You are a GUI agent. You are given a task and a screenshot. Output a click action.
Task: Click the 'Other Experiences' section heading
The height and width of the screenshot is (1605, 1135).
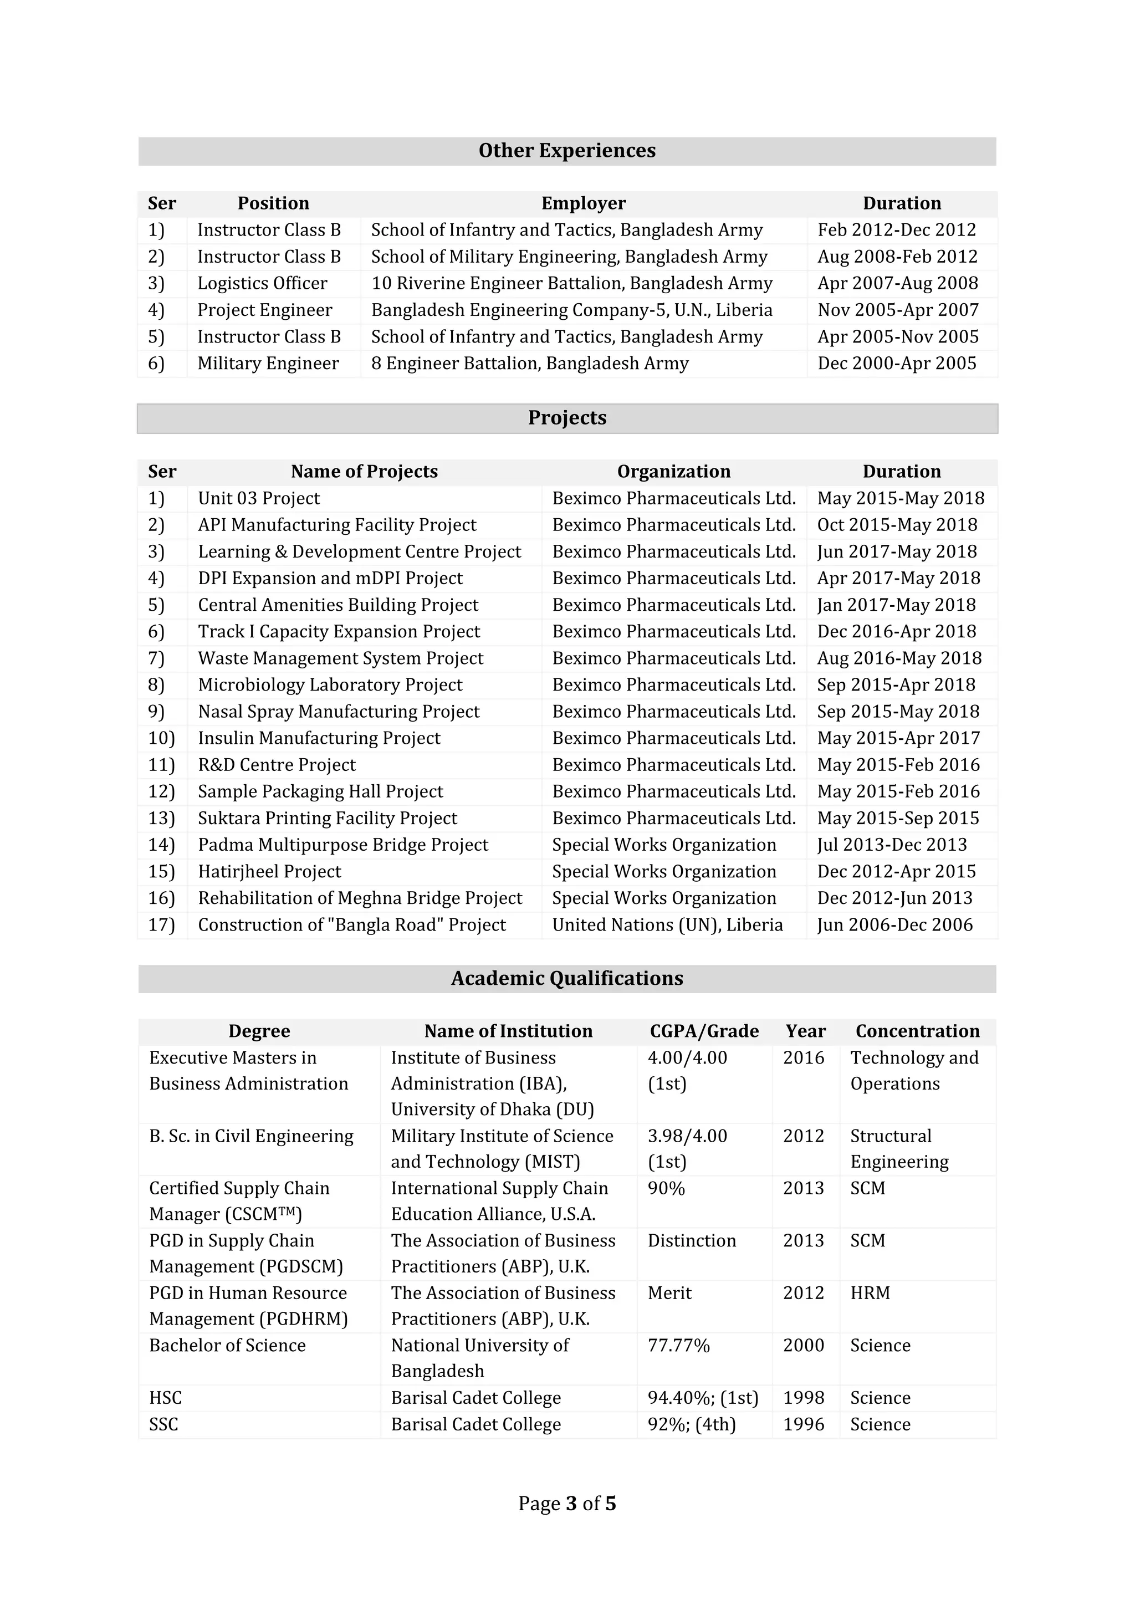pyautogui.click(x=567, y=151)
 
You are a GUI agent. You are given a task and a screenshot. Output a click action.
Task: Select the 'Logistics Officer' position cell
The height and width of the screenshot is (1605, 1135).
pyautogui.click(x=262, y=283)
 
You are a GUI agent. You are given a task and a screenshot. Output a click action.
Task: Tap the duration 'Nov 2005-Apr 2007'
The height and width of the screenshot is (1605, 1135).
pyautogui.click(x=897, y=310)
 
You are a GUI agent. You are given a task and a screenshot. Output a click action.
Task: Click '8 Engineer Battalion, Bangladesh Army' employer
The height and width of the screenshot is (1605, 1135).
pyautogui.click(x=529, y=364)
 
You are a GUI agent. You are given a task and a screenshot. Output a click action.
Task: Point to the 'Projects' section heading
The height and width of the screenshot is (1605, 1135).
pyautogui.click(x=567, y=418)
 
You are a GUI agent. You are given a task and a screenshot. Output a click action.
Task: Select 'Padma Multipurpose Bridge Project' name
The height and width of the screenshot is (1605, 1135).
pyautogui.click(x=342, y=845)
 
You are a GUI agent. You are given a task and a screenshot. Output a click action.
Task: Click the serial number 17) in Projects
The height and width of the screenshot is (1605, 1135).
pyautogui.click(x=161, y=925)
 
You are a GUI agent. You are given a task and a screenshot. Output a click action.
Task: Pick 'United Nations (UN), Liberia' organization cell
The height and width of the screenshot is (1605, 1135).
pyautogui.click(x=667, y=925)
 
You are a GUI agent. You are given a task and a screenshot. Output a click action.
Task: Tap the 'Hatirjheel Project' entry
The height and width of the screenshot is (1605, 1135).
pyautogui.click(x=269, y=872)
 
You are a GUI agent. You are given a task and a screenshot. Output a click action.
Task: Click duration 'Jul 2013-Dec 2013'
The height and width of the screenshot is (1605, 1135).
pyautogui.click(x=892, y=845)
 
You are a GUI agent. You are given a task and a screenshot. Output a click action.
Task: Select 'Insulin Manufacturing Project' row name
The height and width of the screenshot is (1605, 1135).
pyautogui.click(x=319, y=738)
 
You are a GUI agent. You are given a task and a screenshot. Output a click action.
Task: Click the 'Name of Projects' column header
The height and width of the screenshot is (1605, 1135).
pyautogui.click(x=364, y=472)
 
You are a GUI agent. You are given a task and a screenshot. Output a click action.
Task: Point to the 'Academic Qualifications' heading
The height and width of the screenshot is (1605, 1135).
pyautogui.click(x=567, y=979)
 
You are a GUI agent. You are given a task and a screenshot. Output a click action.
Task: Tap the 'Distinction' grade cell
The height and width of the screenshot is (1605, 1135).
pyautogui.click(x=691, y=1241)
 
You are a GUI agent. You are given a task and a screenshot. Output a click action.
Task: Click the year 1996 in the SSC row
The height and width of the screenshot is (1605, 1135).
pyautogui.click(x=803, y=1425)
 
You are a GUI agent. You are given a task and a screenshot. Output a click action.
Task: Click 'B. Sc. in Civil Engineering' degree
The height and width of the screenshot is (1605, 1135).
pyautogui.click(x=251, y=1136)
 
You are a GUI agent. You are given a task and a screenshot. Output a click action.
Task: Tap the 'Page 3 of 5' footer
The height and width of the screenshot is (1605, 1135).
pyautogui.click(x=567, y=1504)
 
